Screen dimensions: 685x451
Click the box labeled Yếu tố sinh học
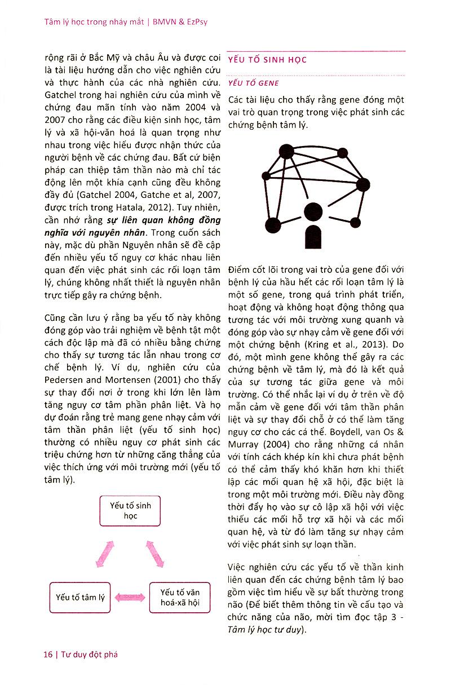(130, 510)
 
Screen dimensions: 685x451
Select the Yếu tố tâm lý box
(81, 598)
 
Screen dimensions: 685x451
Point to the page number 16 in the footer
(48, 655)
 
